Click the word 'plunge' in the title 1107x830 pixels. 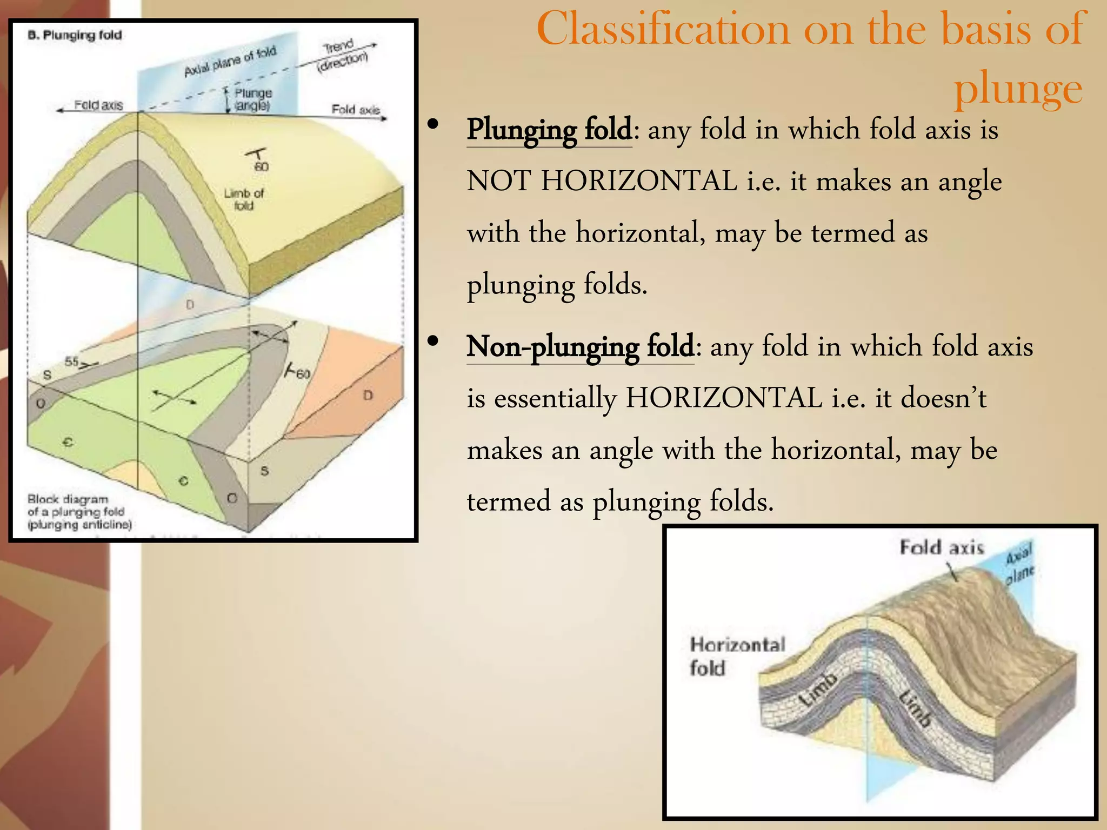click(x=1018, y=88)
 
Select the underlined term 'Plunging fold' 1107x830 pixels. click(x=549, y=130)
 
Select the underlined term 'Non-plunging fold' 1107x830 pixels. click(x=580, y=346)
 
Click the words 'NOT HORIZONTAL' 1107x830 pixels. click(x=602, y=181)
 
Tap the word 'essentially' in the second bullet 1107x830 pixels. click(x=555, y=398)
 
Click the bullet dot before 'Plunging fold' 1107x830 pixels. click(x=432, y=125)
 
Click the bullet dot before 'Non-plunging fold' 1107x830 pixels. click(x=432, y=342)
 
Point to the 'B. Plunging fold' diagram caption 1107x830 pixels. click(x=75, y=36)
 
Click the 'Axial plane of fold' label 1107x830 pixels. click(x=230, y=61)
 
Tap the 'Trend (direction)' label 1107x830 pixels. click(x=342, y=56)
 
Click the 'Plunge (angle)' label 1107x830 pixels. click(x=252, y=99)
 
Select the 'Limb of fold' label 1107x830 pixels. click(x=244, y=199)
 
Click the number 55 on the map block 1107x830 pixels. click(x=71, y=362)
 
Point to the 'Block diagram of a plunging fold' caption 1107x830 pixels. click(x=79, y=511)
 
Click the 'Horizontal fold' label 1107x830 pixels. click(x=736, y=656)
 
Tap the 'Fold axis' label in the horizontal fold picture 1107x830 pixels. click(x=941, y=547)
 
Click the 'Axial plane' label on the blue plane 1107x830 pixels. click(x=1019, y=564)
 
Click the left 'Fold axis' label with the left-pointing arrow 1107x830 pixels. click(x=98, y=105)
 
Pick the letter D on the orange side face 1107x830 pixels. click(x=368, y=396)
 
